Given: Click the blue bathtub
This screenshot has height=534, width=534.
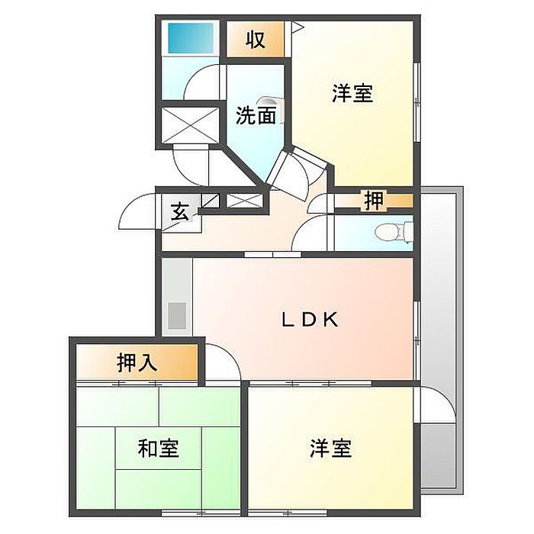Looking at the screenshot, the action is click(x=191, y=38).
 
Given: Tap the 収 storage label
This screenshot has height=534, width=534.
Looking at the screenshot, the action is click(x=256, y=40).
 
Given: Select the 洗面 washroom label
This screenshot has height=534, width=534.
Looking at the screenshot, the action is click(x=256, y=115).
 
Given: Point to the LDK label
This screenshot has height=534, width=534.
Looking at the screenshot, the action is click(x=310, y=320).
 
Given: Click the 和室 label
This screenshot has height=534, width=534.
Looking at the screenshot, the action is click(x=158, y=449).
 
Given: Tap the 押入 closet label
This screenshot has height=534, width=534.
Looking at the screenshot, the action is click(x=137, y=362).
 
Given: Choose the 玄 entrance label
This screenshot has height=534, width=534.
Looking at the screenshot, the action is click(x=179, y=211).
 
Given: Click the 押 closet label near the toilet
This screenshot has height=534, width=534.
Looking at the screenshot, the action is click(x=374, y=201).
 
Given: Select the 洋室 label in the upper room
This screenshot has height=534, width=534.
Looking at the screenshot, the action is click(x=352, y=93).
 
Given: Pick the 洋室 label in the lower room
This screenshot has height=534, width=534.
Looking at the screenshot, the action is click(x=330, y=449).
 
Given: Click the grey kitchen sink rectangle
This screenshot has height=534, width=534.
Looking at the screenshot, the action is click(x=177, y=316).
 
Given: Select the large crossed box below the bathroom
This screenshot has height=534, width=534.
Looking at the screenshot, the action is click(x=190, y=124).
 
